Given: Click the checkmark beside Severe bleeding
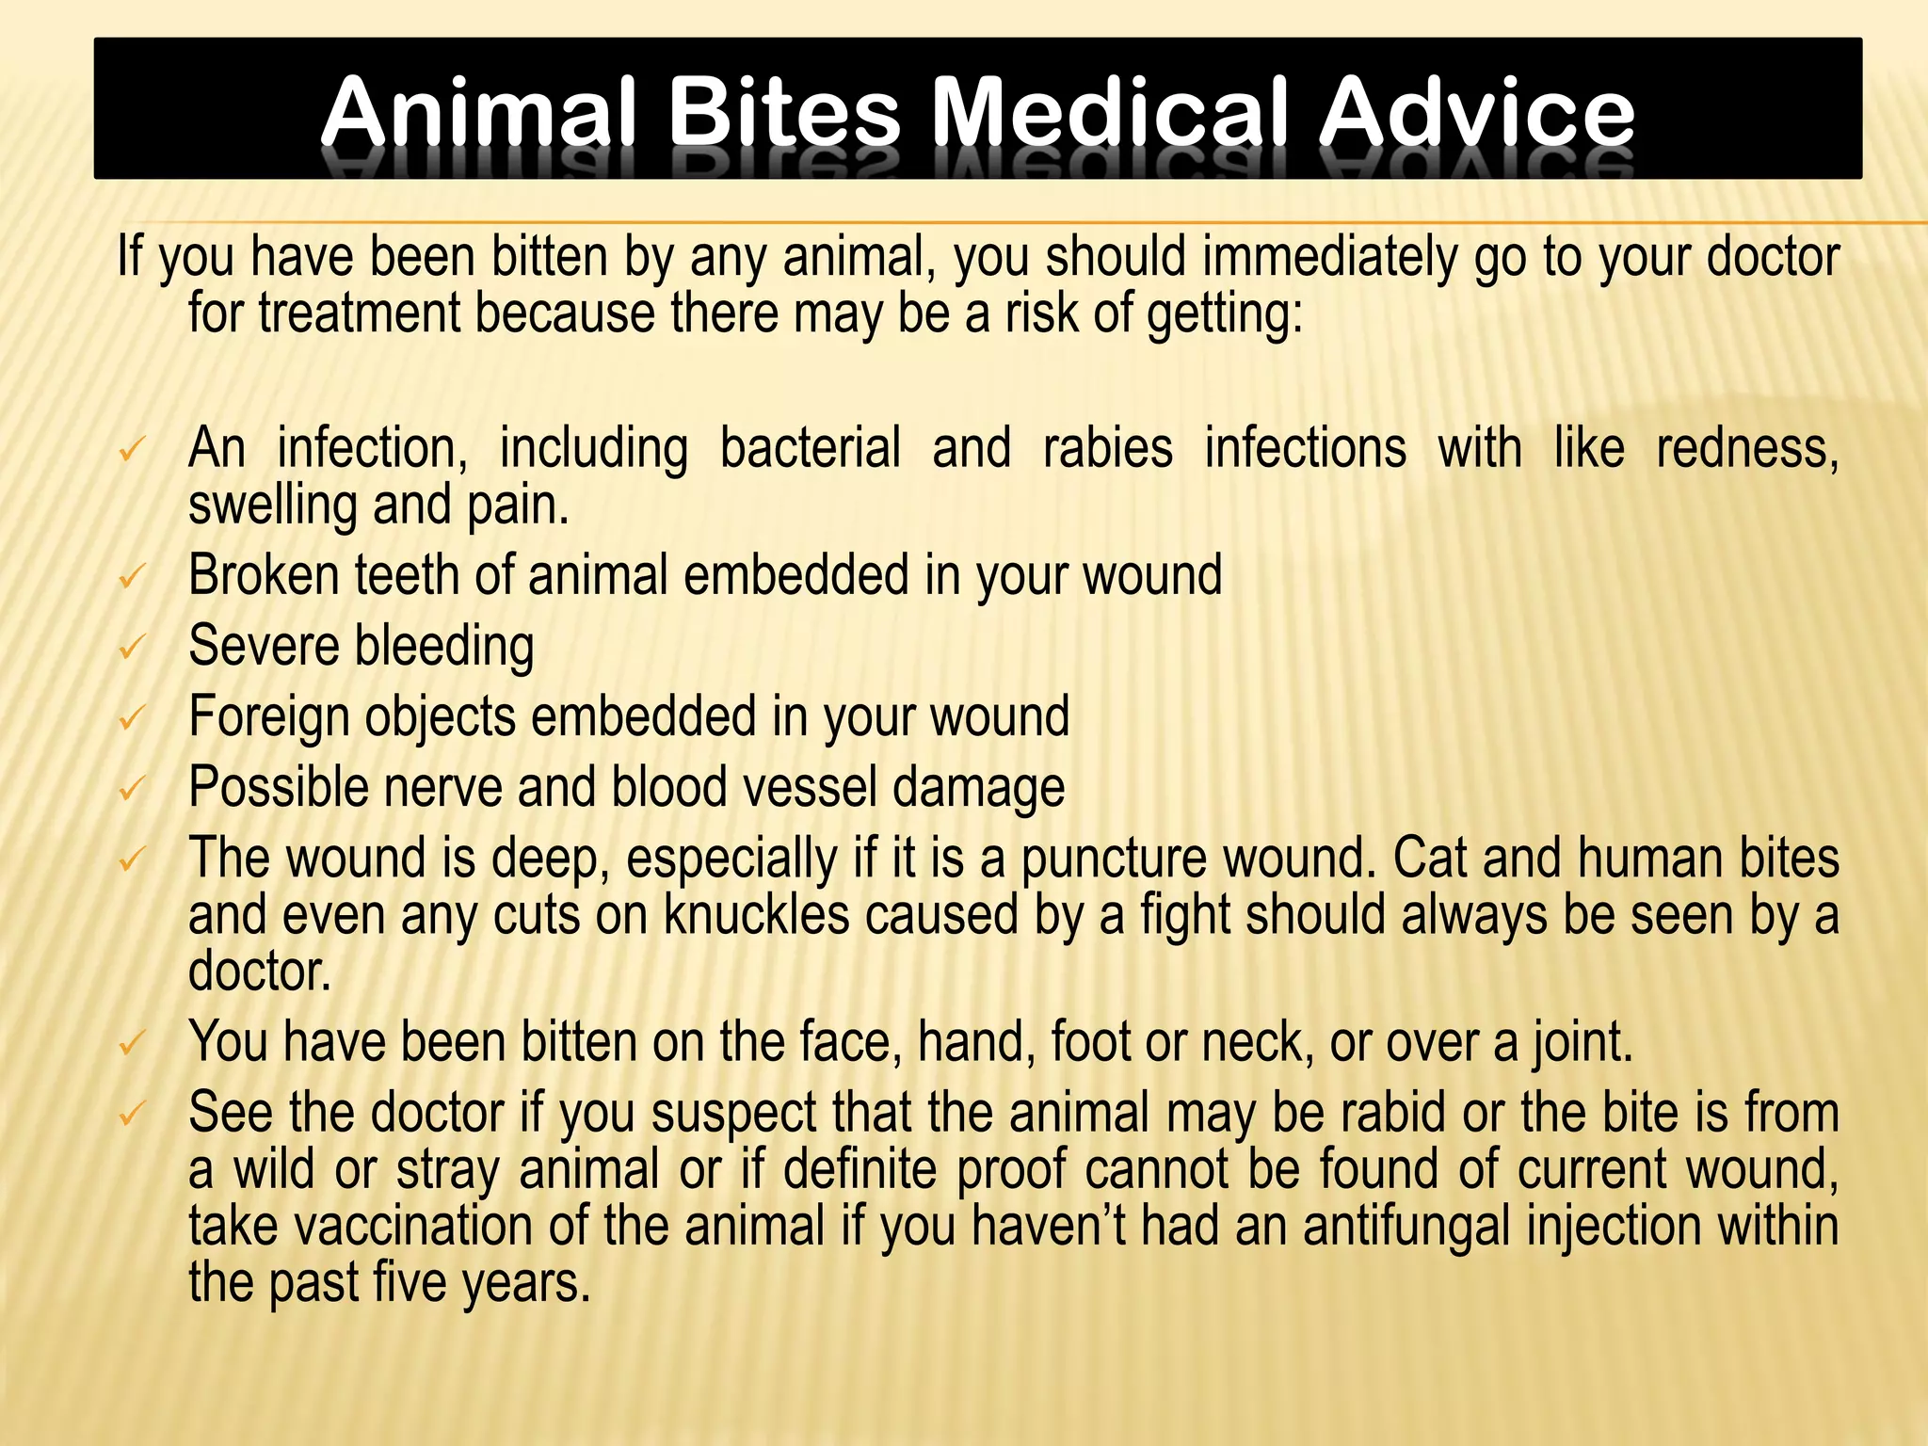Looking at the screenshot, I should (131, 648).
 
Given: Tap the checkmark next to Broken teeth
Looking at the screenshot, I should (131, 577).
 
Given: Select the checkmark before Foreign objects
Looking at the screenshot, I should (131, 719).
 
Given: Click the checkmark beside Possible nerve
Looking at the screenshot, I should (131, 789).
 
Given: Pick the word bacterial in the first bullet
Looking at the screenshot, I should (810, 448).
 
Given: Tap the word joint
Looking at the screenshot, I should (1583, 1043).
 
